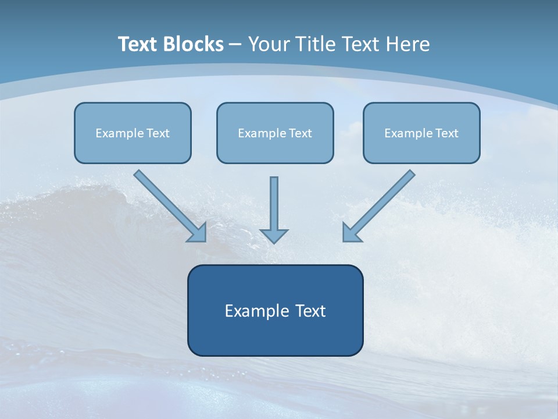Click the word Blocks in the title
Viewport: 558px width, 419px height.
click(x=193, y=44)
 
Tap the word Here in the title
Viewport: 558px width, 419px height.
click(x=408, y=44)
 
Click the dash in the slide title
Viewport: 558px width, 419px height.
click(x=235, y=45)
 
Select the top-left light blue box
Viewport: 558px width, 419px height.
click(x=133, y=133)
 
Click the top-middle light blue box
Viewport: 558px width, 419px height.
click(x=275, y=133)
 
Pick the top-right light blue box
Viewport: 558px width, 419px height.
click(x=422, y=133)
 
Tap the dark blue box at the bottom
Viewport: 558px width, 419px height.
click(x=276, y=310)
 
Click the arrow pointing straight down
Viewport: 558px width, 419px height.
click(x=274, y=210)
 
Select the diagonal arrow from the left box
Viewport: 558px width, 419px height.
click(x=170, y=206)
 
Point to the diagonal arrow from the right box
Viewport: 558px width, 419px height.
click(x=379, y=206)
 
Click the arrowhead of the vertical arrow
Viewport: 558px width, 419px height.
click(x=274, y=236)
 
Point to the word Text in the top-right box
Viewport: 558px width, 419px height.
click(x=446, y=133)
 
